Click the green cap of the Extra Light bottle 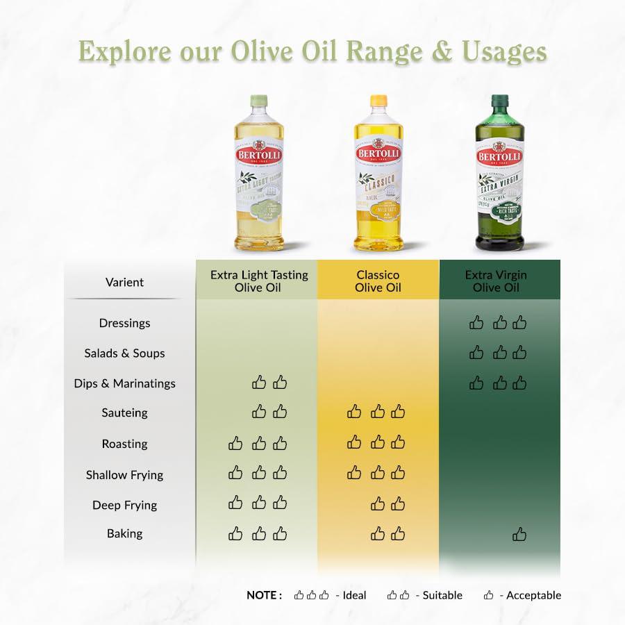pyautogui.click(x=258, y=101)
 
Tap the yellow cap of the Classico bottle pyautogui.click(x=378, y=101)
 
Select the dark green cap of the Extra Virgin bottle pyautogui.click(x=499, y=101)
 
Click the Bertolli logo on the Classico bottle pyautogui.click(x=378, y=153)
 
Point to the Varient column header pyautogui.click(x=125, y=282)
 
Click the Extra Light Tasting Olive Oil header pyautogui.click(x=259, y=281)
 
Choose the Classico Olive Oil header pyautogui.click(x=378, y=281)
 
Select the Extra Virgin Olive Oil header pyautogui.click(x=496, y=281)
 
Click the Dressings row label pyautogui.click(x=125, y=323)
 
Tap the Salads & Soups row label pyautogui.click(x=125, y=353)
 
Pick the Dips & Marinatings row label pyautogui.click(x=125, y=383)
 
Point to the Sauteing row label pyautogui.click(x=125, y=412)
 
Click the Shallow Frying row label pyautogui.click(x=125, y=475)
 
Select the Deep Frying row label pyautogui.click(x=125, y=505)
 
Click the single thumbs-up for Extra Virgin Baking pyautogui.click(x=519, y=534)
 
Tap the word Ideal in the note pyautogui.click(x=354, y=595)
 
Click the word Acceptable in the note pyautogui.click(x=533, y=595)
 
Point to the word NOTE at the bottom pyautogui.click(x=264, y=595)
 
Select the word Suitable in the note pyautogui.click(x=442, y=595)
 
